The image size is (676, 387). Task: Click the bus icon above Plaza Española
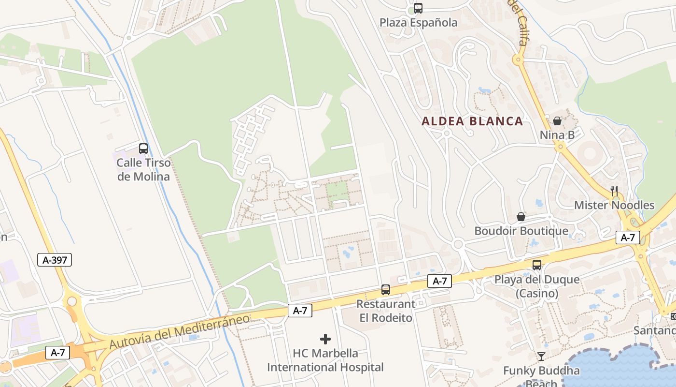click(418, 8)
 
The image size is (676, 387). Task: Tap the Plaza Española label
click(418, 22)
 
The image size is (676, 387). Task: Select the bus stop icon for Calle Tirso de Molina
click(143, 149)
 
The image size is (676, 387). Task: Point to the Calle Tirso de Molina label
click(143, 169)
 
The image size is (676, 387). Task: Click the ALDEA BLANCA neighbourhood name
click(472, 121)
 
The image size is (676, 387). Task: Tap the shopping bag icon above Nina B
click(557, 121)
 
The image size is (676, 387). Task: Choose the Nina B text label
click(557, 135)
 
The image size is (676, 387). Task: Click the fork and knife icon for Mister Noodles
click(614, 191)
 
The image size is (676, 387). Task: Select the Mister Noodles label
click(614, 205)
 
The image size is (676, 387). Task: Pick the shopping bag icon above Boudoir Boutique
click(521, 216)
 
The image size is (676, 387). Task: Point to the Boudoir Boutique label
click(521, 231)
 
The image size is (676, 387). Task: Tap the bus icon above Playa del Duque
click(537, 265)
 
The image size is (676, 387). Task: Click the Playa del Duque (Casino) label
click(537, 286)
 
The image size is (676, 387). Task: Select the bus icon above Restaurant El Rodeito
click(386, 290)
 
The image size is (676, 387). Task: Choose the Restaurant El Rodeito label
click(386, 311)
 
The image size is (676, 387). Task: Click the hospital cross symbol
click(325, 339)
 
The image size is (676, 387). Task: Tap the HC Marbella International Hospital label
click(325, 360)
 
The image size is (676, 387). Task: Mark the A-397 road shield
click(55, 260)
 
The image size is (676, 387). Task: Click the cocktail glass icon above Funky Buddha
click(541, 357)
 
